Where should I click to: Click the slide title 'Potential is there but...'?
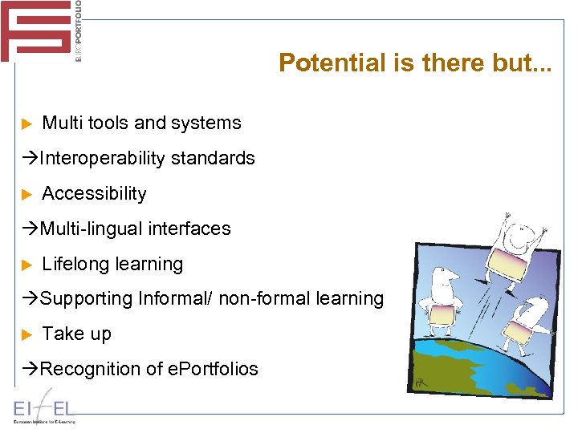click(x=415, y=63)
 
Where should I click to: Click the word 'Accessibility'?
click(x=94, y=194)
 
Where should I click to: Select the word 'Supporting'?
click(x=86, y=299)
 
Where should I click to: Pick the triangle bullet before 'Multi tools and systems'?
click(x=26, y=124)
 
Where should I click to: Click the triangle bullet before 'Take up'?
click(x=26, y=335)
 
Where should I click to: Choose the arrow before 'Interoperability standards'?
click(x=31, y=159)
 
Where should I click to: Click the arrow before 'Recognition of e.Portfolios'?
click(x=31, y=369)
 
